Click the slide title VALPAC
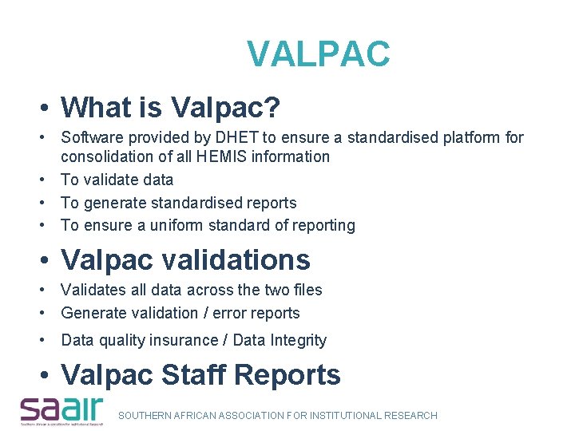point(318,54)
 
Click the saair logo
point(62,409)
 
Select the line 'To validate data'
point(117,180)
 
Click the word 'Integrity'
point(298,340)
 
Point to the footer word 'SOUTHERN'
point(147,415)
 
